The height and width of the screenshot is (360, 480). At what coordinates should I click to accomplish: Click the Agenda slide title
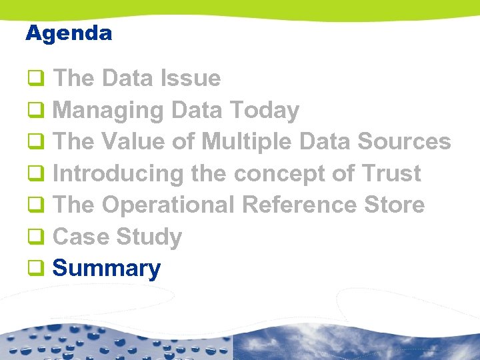click(x=69, y=33)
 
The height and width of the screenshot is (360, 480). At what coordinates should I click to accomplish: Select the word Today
click(x=264, y=111)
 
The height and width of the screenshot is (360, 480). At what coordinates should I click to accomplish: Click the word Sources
click(x=404, y=142)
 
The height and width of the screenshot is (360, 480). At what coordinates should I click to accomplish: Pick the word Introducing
click(x=117, y=174)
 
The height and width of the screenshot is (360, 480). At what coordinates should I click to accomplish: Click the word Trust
click(x=391, y=174)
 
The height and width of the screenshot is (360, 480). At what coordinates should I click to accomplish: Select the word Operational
click(x=168, y=205)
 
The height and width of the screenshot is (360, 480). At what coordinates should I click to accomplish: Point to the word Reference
click(x=299, y=205)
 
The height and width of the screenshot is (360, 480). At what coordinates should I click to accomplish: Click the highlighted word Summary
click(x=106, y=269)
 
